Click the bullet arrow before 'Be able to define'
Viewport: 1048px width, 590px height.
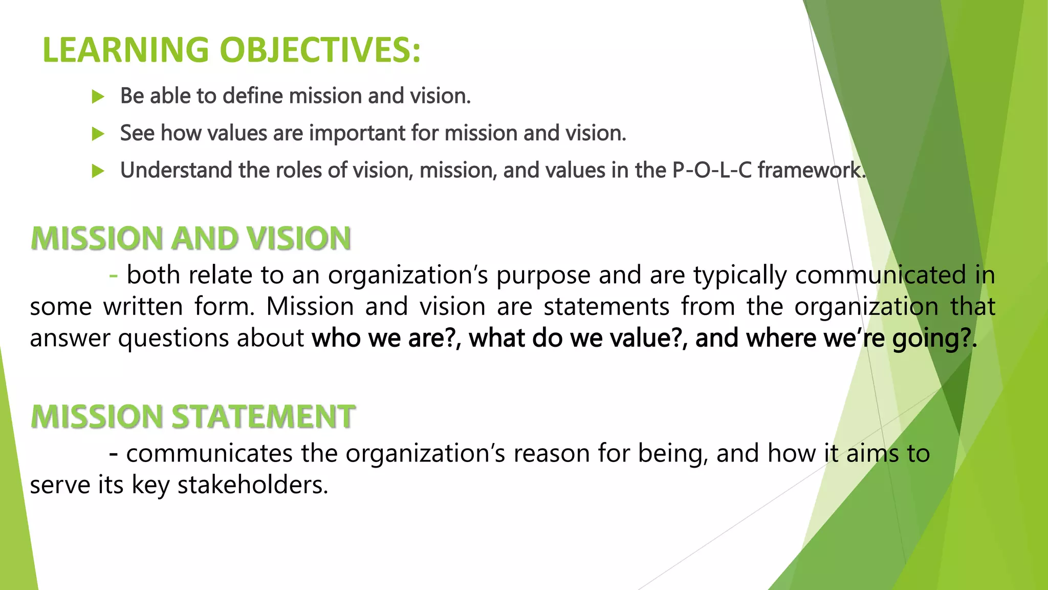pos(98,96)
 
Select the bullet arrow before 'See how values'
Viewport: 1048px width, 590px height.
pos(98,134)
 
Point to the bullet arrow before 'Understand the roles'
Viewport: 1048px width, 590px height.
pos(98,171)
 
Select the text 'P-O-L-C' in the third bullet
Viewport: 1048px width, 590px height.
pos(712,170)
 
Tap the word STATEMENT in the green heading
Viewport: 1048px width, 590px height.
pos(263,416)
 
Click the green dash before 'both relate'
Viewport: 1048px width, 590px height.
pos(114,276)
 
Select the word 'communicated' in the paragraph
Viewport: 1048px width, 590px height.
pos(880,276)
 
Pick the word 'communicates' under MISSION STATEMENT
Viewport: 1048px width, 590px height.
pos(209,454)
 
